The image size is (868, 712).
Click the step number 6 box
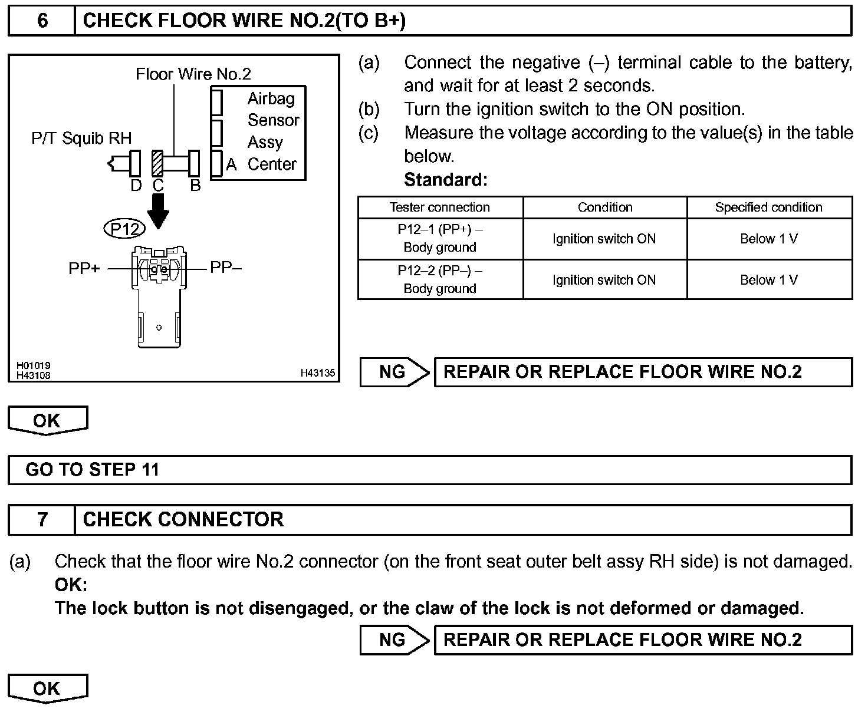42,21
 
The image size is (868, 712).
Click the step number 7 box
42,519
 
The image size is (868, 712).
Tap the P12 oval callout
124,228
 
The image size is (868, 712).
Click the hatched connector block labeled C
157,163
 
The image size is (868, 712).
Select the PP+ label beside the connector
84,269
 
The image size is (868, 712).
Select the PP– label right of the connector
226,268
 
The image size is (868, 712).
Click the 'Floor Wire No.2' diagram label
193,74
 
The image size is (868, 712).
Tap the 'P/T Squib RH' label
81,139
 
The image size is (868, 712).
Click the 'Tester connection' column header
440,207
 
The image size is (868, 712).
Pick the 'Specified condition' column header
768,207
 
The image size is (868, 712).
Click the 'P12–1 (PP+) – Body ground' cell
440,238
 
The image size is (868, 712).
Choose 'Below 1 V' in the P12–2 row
768,280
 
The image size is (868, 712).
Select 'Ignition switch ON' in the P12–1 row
604,239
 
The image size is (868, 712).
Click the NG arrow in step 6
394,372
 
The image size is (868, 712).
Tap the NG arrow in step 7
394,640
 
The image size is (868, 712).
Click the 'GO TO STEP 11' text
93,470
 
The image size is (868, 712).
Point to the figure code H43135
317,373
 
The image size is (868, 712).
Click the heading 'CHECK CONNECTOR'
183,519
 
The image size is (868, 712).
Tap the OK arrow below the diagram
47,421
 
